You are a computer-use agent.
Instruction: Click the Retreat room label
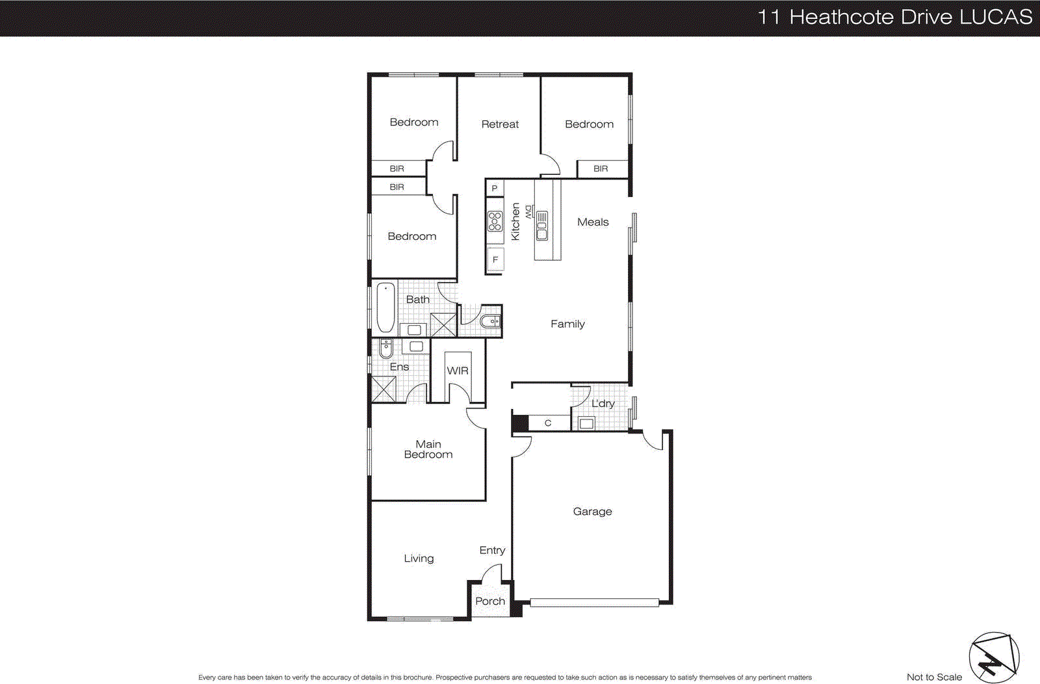coord(500,124)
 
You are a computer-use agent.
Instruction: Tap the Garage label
coord(592,512)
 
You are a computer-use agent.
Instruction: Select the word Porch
coord(490,601)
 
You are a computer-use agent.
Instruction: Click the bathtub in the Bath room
coord(385,308)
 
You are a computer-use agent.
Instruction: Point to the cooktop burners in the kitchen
coord(495,222)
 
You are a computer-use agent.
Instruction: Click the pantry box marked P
coord(495,189)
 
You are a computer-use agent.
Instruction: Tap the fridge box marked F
coord(495,259)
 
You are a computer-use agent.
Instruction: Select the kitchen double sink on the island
coord(541,226)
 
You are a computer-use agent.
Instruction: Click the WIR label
coord(458,371)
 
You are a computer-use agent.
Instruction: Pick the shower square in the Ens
coord(383,389)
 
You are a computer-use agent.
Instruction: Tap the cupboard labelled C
coord(548,423)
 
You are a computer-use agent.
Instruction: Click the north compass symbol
coord(994,658)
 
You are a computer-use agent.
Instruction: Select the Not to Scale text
coord(934,677)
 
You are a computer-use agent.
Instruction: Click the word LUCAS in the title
coord(996,17)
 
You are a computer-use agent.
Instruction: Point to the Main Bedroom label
coord(428,449)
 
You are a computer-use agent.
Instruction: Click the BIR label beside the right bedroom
coord(601,168)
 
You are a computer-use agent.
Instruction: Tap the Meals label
coord(593,222)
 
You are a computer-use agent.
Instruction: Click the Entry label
coord(492,551)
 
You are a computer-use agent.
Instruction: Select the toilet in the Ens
coord(385,349)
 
